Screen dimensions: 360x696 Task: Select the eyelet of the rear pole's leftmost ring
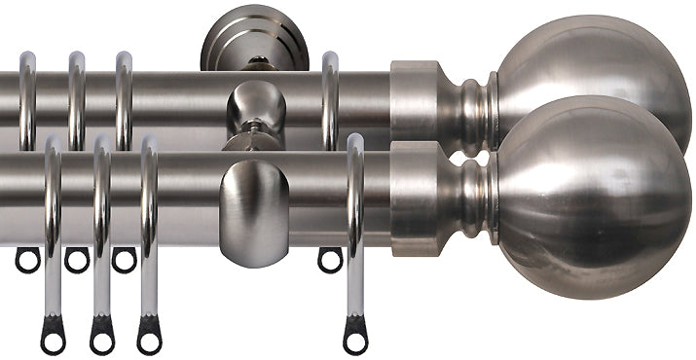(x=27, y=260)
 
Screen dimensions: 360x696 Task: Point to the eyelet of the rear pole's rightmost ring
(x=330, y=260)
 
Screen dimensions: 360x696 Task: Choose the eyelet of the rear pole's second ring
(x=76, y=260)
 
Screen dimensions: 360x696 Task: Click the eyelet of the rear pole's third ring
(x=124, y=260)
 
